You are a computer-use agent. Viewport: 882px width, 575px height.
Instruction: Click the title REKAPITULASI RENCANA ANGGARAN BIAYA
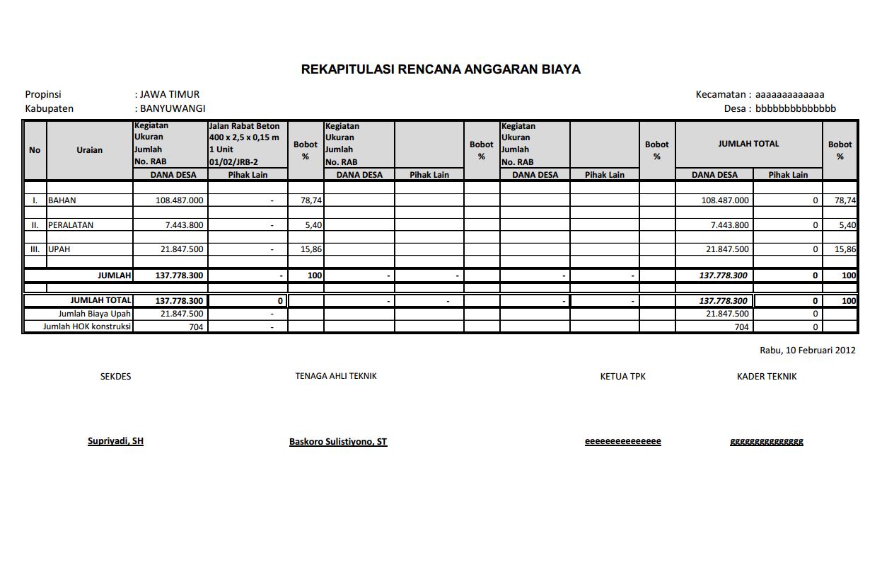441,69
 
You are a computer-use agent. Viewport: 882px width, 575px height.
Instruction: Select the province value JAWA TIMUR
170,94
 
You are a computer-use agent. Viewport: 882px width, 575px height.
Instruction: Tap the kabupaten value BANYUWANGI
173,108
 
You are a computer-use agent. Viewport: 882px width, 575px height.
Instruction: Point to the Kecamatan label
721,94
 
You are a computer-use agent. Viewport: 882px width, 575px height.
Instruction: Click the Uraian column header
90,150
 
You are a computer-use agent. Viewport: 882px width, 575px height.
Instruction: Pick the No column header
35,150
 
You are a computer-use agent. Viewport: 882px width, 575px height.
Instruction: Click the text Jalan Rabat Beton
244,126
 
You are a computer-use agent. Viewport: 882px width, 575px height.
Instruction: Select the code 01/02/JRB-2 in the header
233,162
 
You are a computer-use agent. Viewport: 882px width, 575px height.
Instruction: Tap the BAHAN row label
62,200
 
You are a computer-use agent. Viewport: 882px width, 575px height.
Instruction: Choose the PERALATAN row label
71,225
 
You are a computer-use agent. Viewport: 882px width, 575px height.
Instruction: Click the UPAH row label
59,249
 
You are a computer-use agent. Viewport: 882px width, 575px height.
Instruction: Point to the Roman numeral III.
35,249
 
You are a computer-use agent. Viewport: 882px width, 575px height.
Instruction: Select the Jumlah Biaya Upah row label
95,314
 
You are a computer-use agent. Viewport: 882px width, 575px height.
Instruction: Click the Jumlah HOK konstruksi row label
87,326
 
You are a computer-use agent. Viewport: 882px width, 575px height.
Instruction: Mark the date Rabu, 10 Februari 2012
807,350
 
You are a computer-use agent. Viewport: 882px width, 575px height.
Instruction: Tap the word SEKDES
115,377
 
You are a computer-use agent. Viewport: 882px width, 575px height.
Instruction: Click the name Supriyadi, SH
115,441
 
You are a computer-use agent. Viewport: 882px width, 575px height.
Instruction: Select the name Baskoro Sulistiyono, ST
338,442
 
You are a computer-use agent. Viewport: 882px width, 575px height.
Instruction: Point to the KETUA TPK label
622,377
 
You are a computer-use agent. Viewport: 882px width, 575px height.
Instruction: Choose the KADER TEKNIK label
767,377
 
